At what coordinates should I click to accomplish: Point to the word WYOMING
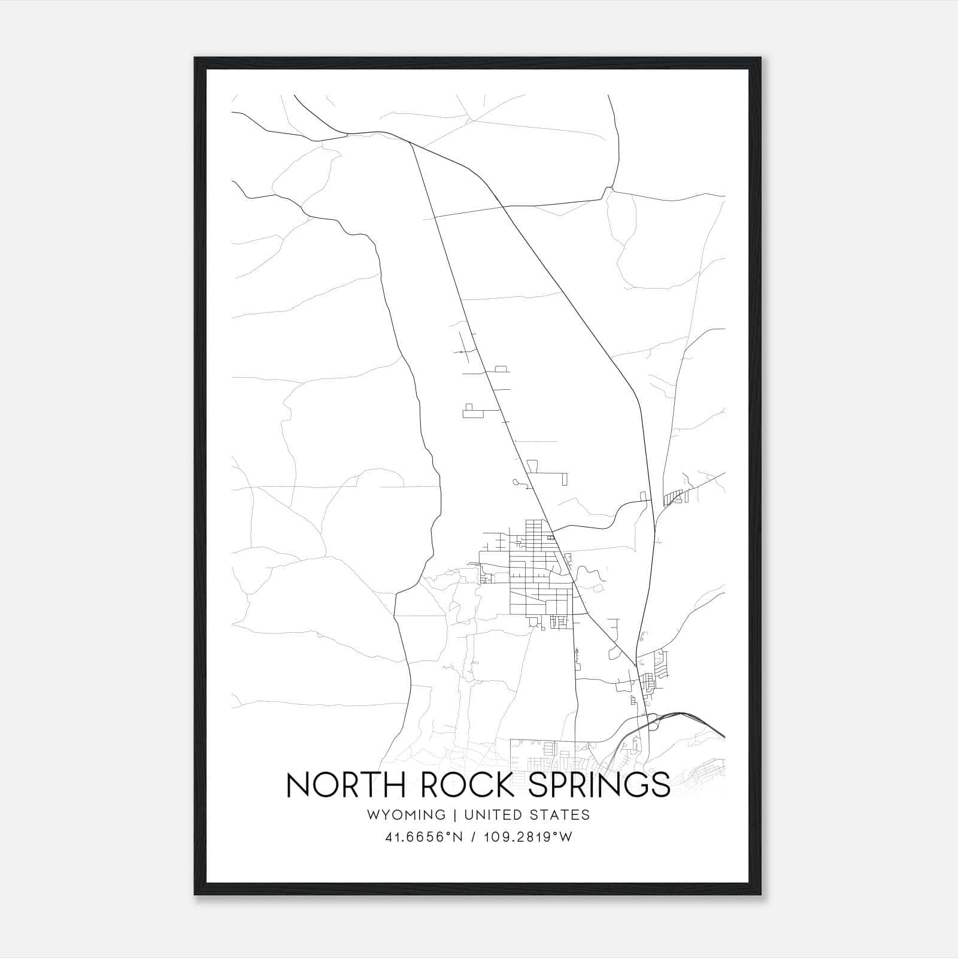point(407,815)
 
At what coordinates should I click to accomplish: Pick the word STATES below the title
point(560,815)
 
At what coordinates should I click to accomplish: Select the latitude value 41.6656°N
point(425,837)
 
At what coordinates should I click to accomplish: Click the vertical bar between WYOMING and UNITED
point(455,815)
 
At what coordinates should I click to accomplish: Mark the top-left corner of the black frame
point(195,58)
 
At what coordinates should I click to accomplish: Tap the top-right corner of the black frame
point(761,58)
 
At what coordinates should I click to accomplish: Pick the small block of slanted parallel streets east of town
point(674,498)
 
